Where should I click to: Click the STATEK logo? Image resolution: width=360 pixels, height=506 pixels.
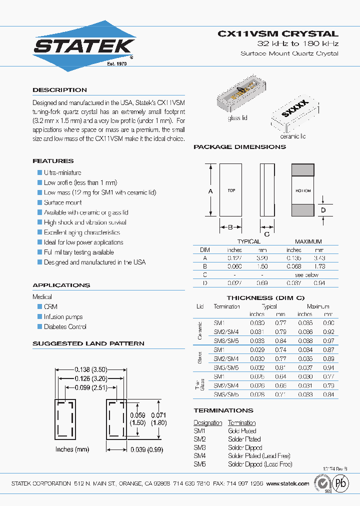[83, 46]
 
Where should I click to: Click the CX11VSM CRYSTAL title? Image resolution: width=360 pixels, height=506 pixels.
[278, 34]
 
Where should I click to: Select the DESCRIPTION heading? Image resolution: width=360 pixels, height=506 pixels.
[59, 90]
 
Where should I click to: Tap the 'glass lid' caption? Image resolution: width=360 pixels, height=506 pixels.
[237, 118]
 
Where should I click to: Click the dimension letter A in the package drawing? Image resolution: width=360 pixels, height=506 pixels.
[210, 191]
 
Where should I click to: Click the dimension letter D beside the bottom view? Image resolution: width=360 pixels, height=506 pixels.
[323, 210]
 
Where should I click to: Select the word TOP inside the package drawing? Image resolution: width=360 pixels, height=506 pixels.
[231, 190]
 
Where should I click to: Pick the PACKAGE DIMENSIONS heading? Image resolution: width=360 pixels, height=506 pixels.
[239, 147]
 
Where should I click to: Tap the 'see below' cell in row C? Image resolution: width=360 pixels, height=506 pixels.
[306, 275]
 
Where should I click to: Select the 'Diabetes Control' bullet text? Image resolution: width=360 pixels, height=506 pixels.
[65, 326]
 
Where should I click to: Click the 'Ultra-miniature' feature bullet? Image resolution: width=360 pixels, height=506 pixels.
[62, 172]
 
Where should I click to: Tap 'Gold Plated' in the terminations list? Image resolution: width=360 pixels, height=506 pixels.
[242, 430]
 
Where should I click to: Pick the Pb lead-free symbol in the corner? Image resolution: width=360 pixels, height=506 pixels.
[341, 483]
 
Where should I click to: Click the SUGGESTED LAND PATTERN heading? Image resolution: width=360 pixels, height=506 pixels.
[88, 343]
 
